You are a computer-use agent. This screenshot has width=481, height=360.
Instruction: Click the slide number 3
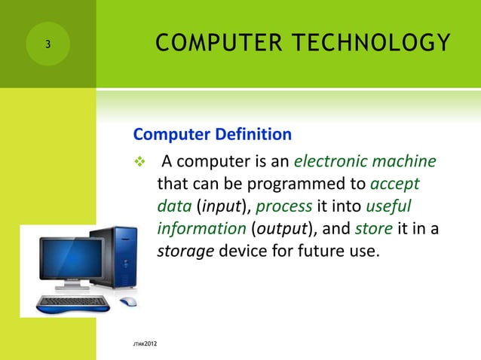click(x=47, y=44)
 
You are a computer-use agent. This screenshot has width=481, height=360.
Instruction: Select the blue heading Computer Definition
click(x=212, y=135)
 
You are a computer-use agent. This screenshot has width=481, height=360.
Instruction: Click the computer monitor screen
click(x=71, y=261)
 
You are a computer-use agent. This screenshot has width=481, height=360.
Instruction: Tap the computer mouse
click(x=129, y=301)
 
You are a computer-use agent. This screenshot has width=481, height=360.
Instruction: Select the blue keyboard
click(x=75, y=304)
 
